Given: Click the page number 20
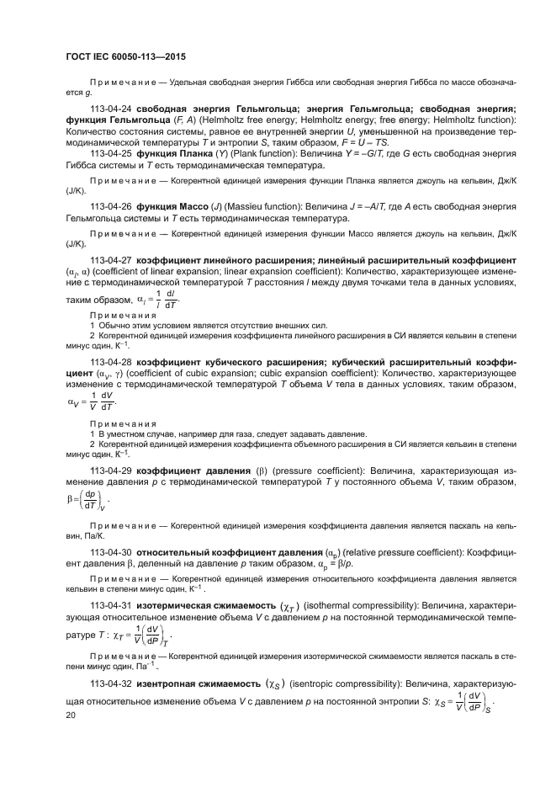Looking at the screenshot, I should click(70, 715).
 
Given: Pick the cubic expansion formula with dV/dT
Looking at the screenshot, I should click(90, 401).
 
